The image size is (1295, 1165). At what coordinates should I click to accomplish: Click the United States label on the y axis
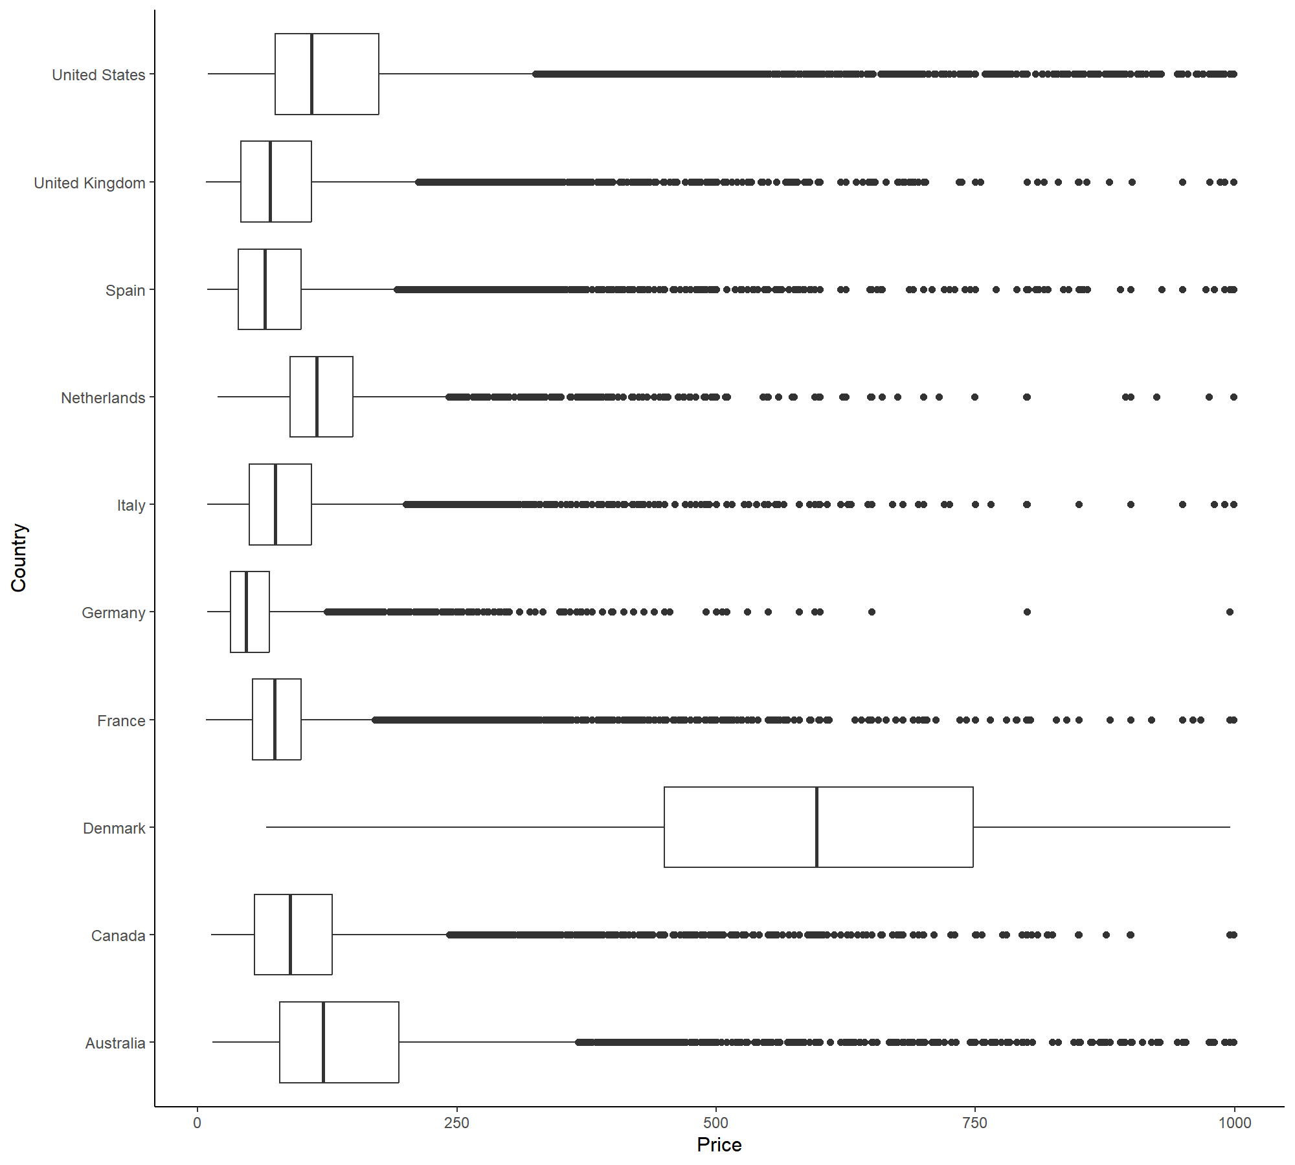(98, 75)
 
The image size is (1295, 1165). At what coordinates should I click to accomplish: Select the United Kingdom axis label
(89, 183)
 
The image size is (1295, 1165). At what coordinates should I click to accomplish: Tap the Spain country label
(125, 291)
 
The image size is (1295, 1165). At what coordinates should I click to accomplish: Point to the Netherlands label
(103, 398)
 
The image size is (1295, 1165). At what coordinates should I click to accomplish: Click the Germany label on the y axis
(113, 613)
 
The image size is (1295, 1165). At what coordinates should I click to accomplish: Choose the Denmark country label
(114, 828)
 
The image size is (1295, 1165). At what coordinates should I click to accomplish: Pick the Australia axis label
(115, 1043)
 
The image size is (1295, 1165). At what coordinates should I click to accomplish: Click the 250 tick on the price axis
(456, 1123)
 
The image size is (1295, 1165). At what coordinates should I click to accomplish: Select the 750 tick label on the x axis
(974, 1123)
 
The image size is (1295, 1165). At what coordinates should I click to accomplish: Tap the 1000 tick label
(1234, 1123)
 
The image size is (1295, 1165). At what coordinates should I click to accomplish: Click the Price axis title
(719, 1145)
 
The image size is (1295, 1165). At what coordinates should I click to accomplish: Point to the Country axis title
(19, 557)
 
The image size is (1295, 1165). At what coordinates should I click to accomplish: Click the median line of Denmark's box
(816, 827)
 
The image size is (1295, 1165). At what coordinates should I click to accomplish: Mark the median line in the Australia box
(323, 1042)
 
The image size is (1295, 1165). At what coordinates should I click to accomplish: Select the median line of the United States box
(312, 74)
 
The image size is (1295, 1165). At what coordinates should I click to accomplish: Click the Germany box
(258, 612)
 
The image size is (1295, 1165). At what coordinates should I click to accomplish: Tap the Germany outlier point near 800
(1026, 612)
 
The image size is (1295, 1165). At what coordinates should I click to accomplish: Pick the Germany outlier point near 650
(872, 612)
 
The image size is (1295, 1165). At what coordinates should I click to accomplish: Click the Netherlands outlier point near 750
(974, 397)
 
